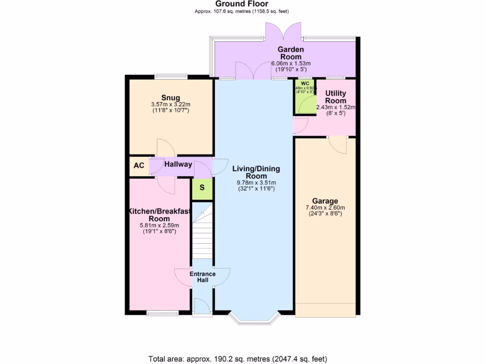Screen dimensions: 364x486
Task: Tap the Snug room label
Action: pyautogui.click(x=170, y=98)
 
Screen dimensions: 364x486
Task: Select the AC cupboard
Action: pyautogui.click(x=139, y=166)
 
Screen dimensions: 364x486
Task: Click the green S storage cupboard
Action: pyautogui.click(x=202, y=187)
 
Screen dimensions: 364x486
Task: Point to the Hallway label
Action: pyautogui.click(x=178, y=164)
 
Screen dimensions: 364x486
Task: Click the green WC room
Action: pyautogui.click(x=304, y=97)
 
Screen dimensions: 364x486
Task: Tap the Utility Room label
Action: pyautogui.click(x=336, y=97)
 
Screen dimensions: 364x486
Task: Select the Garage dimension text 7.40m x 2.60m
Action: pyautogui.click(x=325, y=208)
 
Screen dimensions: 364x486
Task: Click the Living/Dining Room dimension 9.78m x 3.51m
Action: pyautogui.click(x=256, y=182)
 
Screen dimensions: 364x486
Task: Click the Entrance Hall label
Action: pyautogui.click(x=203, y=277)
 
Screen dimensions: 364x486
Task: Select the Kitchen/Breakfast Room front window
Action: pyautogui.click(x=162, y=313)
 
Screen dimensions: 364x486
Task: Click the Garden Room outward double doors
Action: pyautogui.click(x=283, y=31)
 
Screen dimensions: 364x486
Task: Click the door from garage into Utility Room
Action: pyautogui.click(x=337, y=145)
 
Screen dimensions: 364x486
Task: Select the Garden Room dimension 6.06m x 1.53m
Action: pyautogui.click(x=290, y=64)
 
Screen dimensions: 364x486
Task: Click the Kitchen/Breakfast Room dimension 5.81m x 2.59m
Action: pyautogui.click(x=159, y=226)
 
